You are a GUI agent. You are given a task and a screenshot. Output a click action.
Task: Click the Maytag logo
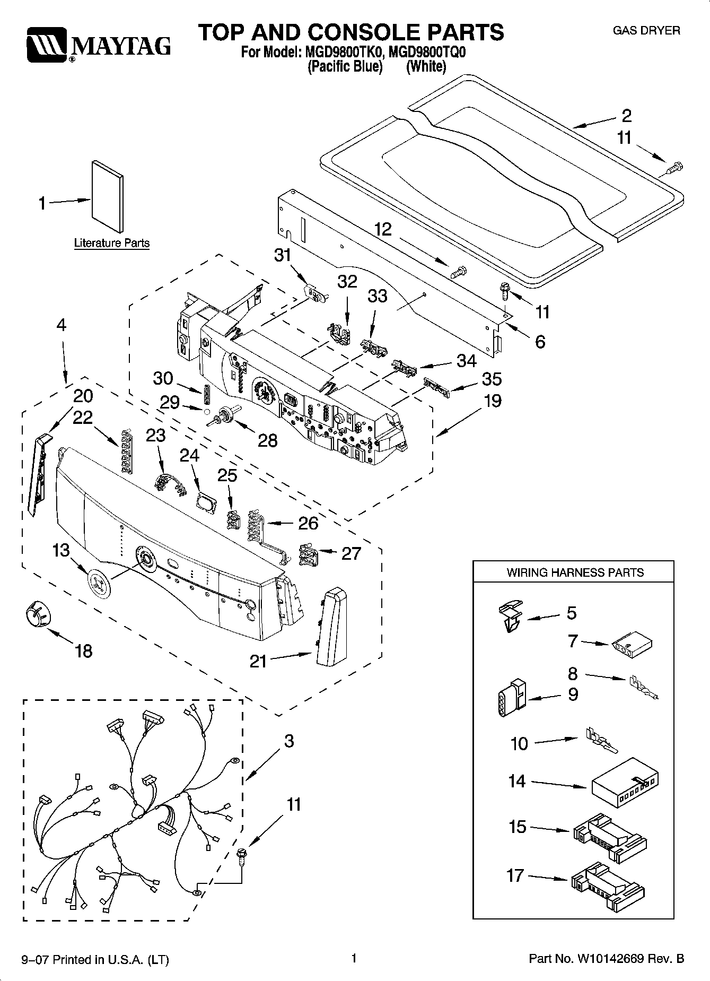point(99,47)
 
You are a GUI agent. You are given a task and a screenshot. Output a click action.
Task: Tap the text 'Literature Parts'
point(112,243)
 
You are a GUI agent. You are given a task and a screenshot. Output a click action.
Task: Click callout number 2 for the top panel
point(627,116)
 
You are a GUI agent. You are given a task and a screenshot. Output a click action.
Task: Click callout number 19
point(493,401)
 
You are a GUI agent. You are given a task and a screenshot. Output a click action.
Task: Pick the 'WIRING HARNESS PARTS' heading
point(575,572)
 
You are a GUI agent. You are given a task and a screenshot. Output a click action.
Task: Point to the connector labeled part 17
point(610,882)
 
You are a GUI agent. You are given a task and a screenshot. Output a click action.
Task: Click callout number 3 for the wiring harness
point(288,741)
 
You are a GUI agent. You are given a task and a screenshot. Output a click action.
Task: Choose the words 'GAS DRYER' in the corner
point(646,31)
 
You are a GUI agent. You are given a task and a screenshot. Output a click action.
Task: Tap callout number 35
point(492,379)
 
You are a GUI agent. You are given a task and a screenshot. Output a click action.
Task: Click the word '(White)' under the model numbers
point(426,66)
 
